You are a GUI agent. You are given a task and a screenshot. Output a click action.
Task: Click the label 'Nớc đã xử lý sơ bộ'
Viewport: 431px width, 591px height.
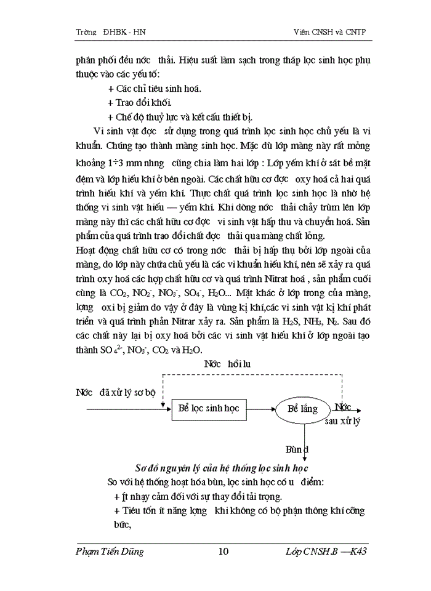(116, 392)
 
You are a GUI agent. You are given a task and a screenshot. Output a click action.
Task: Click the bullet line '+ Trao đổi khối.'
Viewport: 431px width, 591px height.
(139, 102)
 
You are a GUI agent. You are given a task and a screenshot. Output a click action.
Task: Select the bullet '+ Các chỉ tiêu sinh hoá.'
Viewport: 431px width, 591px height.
(154, 88)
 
